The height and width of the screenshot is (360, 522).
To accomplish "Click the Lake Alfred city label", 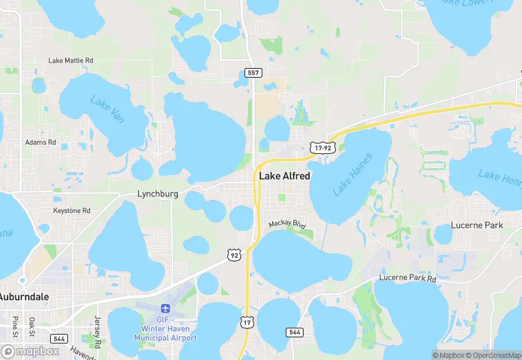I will click(284, 176).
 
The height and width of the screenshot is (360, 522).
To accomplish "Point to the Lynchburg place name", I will click(157, 194).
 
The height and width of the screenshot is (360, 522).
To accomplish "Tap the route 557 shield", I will click(253, 72).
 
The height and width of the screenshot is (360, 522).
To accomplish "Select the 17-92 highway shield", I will click(321, 147).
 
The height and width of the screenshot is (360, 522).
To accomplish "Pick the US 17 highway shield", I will click(247, 322).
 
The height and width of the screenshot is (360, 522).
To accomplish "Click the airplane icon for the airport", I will click(165, 310).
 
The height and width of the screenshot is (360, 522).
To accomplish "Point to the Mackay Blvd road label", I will click(286, 224).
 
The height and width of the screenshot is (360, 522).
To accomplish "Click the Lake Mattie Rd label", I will click(70, 60).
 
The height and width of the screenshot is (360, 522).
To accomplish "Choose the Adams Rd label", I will click(41, 142).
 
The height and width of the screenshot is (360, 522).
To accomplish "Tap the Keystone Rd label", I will click(72, 210).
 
